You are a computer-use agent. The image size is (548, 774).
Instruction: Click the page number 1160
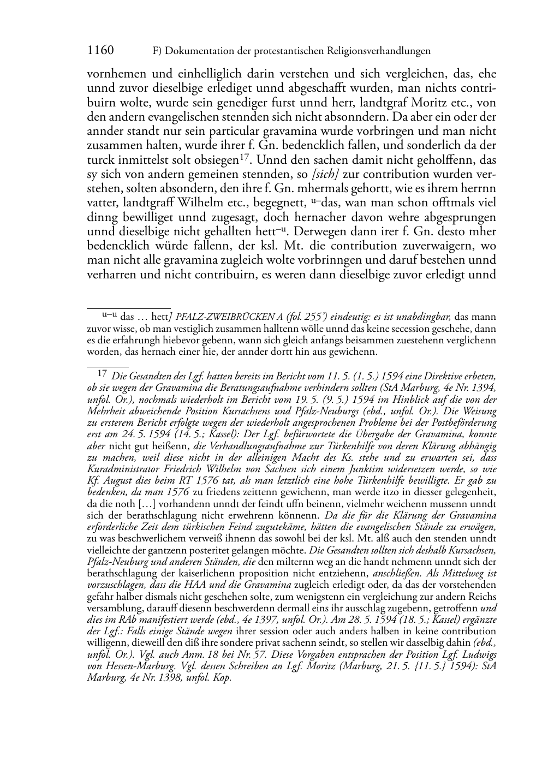(x=100, y=51)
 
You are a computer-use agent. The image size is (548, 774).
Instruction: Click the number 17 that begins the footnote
(x=102, y=374)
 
